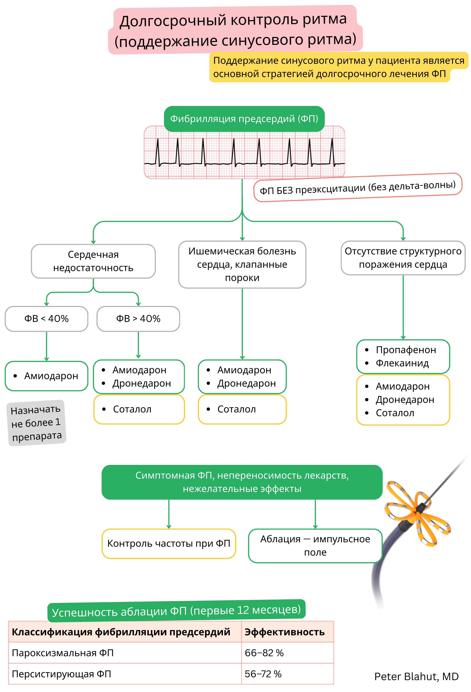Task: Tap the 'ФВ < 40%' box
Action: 46,319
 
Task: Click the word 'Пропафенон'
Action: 406,350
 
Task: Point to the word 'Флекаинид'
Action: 402,363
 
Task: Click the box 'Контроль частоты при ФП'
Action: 169,543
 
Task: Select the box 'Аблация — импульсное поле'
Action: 315,545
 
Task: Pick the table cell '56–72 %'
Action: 263,674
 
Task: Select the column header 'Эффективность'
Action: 284,632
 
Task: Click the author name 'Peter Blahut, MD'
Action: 416,677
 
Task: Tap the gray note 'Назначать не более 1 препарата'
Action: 36,423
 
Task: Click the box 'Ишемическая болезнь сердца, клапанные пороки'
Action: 242,264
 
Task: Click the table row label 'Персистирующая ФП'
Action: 61,674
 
